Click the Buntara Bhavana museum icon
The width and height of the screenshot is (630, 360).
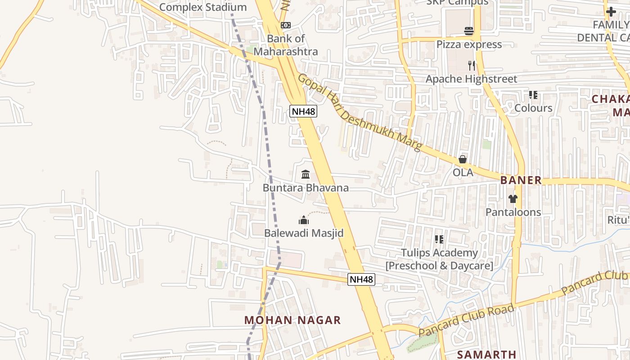[x=306, y=174]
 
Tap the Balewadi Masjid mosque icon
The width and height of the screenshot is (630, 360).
[x=304, y=220]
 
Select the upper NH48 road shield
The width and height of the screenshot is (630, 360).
[x=303, y=111]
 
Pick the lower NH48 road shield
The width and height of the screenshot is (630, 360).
[x=361, y=279]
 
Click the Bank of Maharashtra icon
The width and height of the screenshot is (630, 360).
[x=285, y=25]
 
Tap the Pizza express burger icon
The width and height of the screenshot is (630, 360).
[x=469, y=31]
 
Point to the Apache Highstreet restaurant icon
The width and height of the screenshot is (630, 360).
[x=471, y=66]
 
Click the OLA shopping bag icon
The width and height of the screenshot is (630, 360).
[x=463, y=159]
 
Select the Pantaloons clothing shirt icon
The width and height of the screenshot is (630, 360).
[x=513, y=198]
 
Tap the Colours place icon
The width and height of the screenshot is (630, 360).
[x=533, y=95]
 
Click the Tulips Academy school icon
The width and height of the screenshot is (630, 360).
[x=439, y=240]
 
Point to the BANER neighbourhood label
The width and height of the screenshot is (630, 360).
[x=521, y=180]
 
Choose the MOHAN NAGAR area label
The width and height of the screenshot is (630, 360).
[x=292, y=320]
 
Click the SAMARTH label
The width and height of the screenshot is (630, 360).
[x=486, y=355]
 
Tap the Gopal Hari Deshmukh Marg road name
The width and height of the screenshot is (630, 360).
[x=360, y=113]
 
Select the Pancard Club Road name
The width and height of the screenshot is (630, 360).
[x=466, y=320]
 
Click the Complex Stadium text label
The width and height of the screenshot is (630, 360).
[x=203, y=7]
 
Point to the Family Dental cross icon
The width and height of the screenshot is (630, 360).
[x=611, y=12]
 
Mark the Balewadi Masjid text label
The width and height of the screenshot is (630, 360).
[x=304, y=233]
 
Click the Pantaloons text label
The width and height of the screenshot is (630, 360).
[x=513, y=212]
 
